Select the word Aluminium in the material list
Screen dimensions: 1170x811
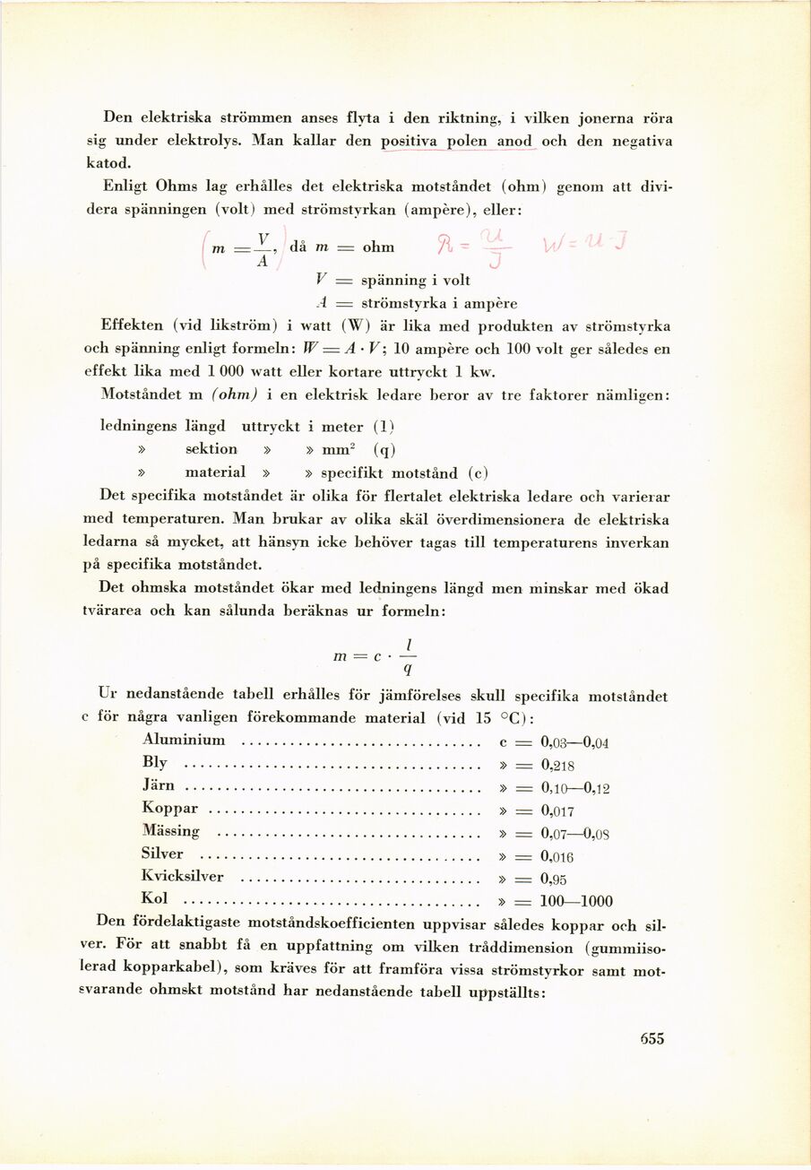pyautogui.click(x=184, y=740)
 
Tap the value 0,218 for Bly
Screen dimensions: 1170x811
pyautogui.click(x=557, y=765)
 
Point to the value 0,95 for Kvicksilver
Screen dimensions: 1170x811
pyautogui.click(x=554, y=879)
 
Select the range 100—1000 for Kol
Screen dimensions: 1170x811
pyautogui.click(x=577, y=902)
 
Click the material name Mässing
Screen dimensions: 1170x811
pyautogui.click(x=171, y=831)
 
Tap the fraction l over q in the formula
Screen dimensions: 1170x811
pyautogui.click(x=408, y=656)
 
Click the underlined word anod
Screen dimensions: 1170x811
pyautogui.click(x=514, y=142)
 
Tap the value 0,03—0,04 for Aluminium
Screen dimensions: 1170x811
pyautogui.click(x=574, y=741)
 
